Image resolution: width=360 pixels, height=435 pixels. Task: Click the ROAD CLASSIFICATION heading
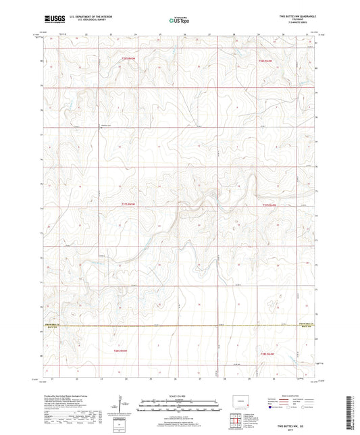click(292, 396)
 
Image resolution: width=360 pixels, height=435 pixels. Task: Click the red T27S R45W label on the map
click(128, 205)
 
